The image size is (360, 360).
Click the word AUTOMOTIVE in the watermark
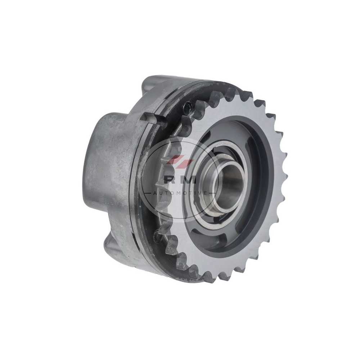click(x=179, y=193)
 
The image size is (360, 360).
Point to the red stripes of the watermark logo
click(x=180, y=160)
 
